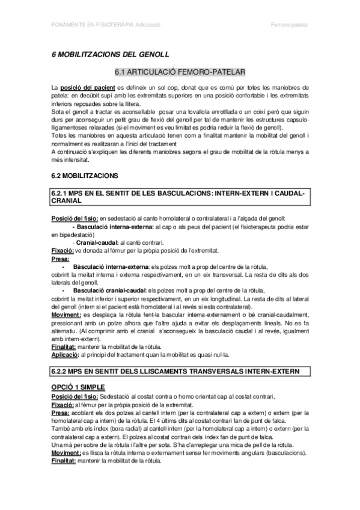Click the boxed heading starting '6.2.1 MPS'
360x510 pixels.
click(179, 198)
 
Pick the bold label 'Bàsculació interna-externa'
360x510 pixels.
click(111, 266)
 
